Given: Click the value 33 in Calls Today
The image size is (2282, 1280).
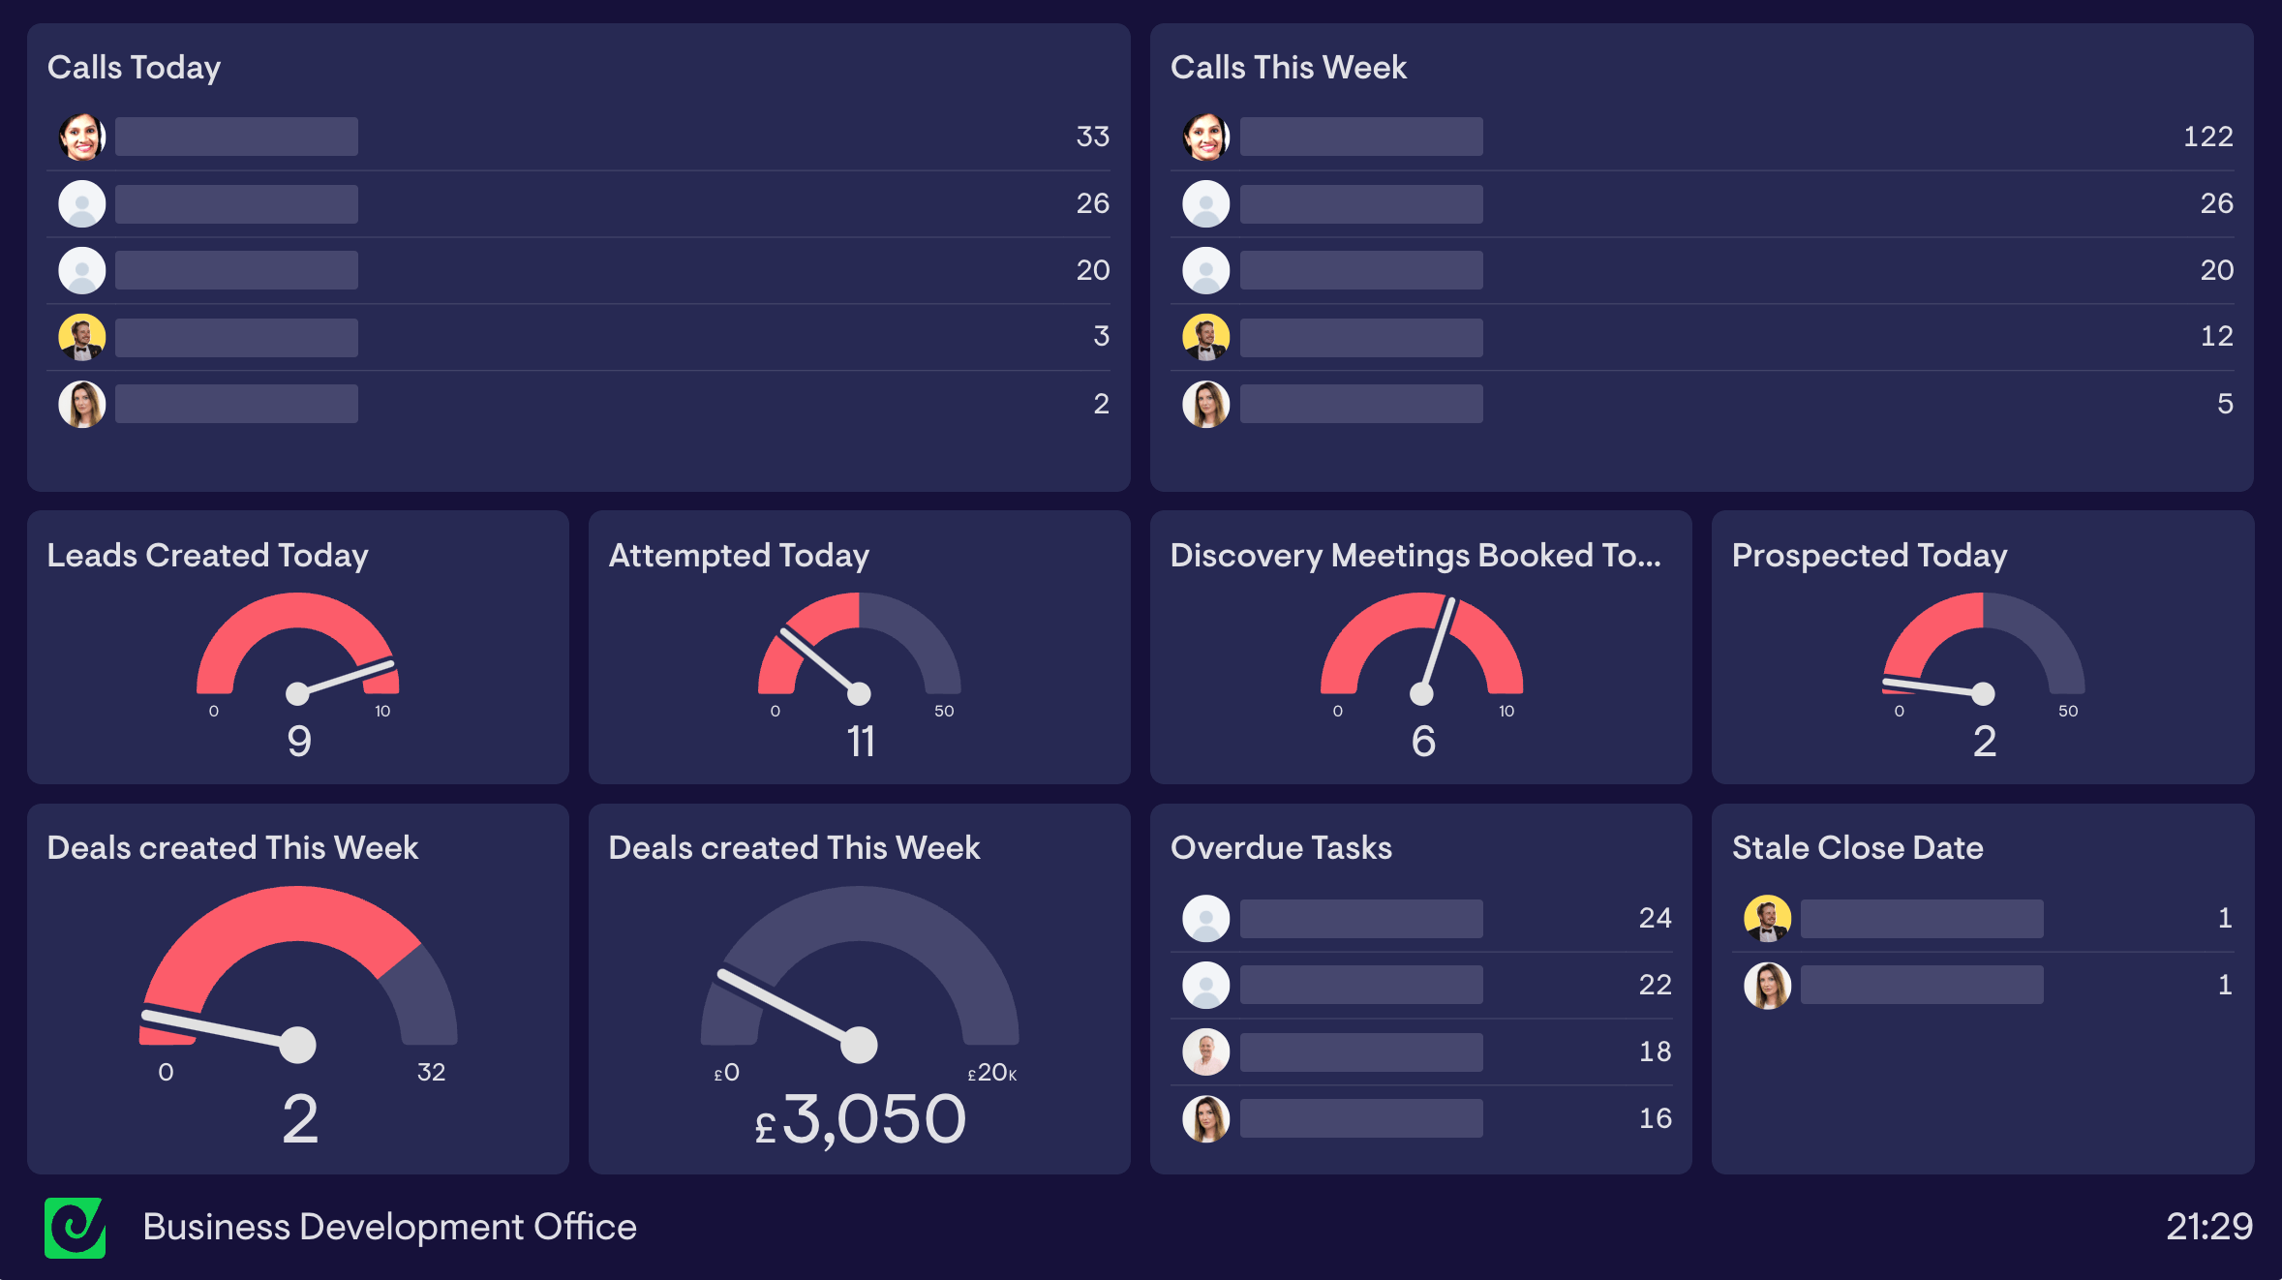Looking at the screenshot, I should [1092, 137].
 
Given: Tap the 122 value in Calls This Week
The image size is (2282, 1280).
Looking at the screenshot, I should [2207, 137].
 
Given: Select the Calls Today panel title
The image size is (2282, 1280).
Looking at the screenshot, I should [134, 67].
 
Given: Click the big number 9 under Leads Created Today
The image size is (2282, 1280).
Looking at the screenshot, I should [299, 742].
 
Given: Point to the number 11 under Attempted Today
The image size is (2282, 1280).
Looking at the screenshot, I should [860, 742].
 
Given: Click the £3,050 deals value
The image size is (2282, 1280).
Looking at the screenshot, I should [860, 1119].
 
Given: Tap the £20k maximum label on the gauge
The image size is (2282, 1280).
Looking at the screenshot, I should [992, 1073].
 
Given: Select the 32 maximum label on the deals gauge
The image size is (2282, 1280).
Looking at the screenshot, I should [431, 1072].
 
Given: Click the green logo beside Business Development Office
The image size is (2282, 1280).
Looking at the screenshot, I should [75, 1228].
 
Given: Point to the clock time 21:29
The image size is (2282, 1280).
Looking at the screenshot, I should [2208, 1227].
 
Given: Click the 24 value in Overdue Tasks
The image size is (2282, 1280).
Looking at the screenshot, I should [1655, 918].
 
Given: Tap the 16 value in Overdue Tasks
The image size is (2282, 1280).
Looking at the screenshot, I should [1655, 1118].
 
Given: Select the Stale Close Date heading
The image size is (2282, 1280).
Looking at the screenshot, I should [1857, 847].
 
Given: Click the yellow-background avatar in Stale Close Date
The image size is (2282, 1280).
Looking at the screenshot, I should [1767, 918].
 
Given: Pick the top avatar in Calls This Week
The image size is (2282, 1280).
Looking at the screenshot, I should [1205, 137].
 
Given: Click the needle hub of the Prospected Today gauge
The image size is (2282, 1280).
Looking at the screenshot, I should [1983, 693].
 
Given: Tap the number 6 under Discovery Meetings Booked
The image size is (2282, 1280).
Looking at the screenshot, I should [1422, 742].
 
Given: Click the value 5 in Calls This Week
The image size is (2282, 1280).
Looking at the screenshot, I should [2225, 404].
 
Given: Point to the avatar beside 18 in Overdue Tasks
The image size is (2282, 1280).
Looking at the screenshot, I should [1205, 1051].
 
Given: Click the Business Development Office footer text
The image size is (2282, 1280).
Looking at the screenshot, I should [389, 1227].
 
